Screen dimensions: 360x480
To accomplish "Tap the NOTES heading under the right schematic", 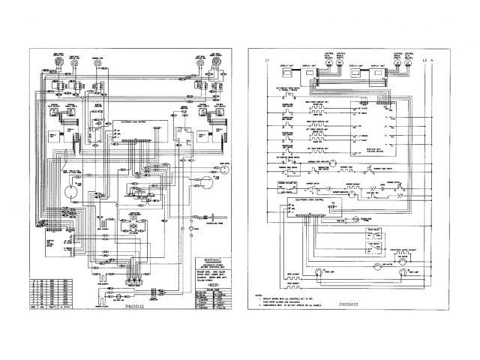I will [x=262, y=286].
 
